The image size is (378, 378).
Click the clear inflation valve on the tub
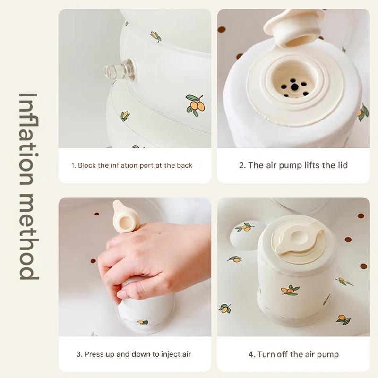(120, 70)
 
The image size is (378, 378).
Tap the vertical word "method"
(28, 237)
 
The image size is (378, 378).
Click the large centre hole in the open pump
(294, 87)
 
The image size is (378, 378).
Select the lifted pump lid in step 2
(292, 27)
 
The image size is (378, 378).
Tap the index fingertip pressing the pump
(120, 294)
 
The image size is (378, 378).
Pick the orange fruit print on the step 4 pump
(290, 290)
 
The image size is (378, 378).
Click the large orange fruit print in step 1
(196, 105)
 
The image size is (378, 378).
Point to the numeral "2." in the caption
(242, 165)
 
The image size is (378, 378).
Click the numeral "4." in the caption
(252, 355)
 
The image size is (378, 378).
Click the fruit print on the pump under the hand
(143, 322)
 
